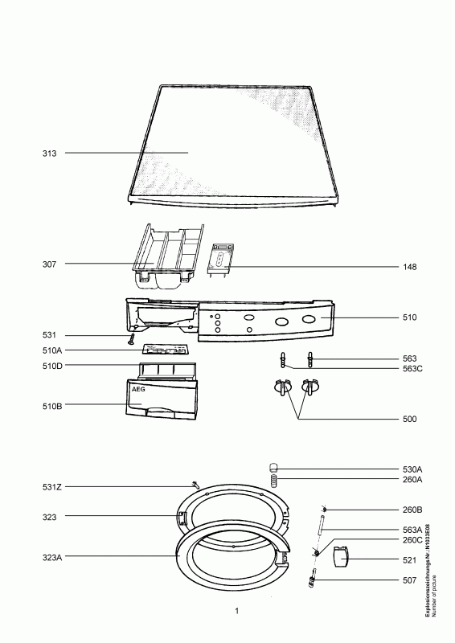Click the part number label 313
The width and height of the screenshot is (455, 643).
coord(50,153)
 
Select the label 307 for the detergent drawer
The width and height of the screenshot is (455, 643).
coord(50,264)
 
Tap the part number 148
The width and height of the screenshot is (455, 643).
coord(410,265)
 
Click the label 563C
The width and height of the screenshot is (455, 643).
coord(413,369)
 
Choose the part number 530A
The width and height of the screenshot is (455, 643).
coord(412,469)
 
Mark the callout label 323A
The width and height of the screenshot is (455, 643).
coord(49,555)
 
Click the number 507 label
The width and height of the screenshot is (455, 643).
coord(410,580)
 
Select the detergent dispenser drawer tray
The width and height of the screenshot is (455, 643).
coord(165,256)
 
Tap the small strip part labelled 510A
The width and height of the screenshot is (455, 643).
coord(167,350)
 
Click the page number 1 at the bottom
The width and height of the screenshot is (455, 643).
coord(237,612)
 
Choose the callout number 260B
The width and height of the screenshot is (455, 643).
coord(412,510)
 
